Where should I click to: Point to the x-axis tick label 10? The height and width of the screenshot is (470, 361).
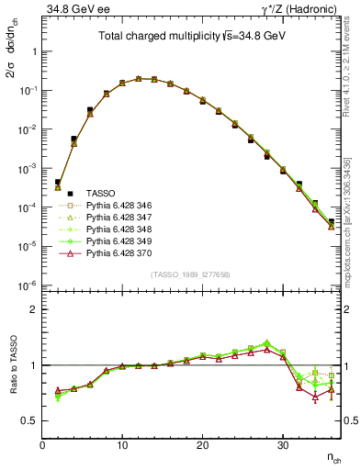tap(122, 446)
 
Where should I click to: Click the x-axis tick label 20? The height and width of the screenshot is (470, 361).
tap(202, 446)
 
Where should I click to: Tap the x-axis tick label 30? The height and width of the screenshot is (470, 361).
tap(282, 446)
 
